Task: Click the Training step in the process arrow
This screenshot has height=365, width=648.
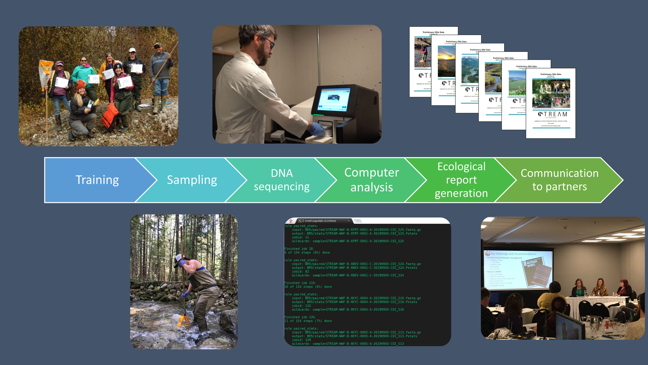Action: (97, 180)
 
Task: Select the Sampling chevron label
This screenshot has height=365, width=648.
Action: (192, 180)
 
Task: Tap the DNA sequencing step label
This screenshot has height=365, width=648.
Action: (282, 180)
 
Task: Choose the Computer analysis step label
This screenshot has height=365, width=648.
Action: (372, 180)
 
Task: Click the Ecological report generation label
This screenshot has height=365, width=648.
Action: (461, 180)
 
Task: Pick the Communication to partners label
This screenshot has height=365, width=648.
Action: (559, 180)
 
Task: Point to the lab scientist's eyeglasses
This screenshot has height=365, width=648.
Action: (270, 43)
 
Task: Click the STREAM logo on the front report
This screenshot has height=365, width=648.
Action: (552, 114)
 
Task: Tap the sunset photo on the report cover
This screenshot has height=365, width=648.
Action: (446, 62)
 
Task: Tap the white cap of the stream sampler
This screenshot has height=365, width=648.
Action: (178, 260)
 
